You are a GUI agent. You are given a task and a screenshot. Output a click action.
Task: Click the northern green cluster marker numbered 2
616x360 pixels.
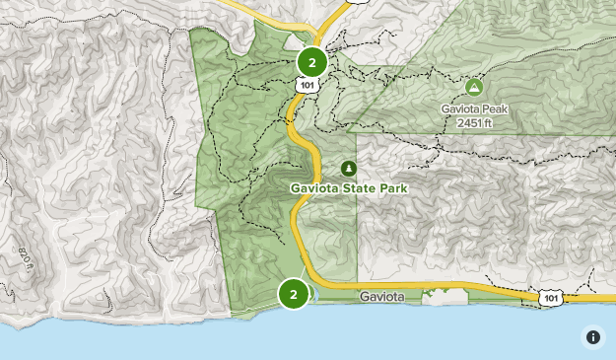point(312,62)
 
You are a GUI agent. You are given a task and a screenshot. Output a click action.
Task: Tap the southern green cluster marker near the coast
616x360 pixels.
point(294,294)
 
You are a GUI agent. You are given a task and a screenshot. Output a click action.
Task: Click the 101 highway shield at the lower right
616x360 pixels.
point(551,297)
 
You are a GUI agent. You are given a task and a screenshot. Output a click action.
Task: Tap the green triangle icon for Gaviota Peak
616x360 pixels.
point(474,87)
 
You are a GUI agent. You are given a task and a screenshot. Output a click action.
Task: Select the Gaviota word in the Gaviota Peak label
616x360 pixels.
point(459,108)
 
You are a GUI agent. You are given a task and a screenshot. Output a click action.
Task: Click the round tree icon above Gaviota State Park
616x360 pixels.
point(348,169)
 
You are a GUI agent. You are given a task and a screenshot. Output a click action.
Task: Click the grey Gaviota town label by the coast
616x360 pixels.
point(381,297)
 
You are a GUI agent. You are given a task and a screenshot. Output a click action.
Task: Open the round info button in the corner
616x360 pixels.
point(593,337)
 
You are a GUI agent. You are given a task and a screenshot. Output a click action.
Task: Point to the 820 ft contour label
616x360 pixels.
point(23,258)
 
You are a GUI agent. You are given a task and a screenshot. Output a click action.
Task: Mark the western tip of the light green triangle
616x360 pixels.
point(349,132)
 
